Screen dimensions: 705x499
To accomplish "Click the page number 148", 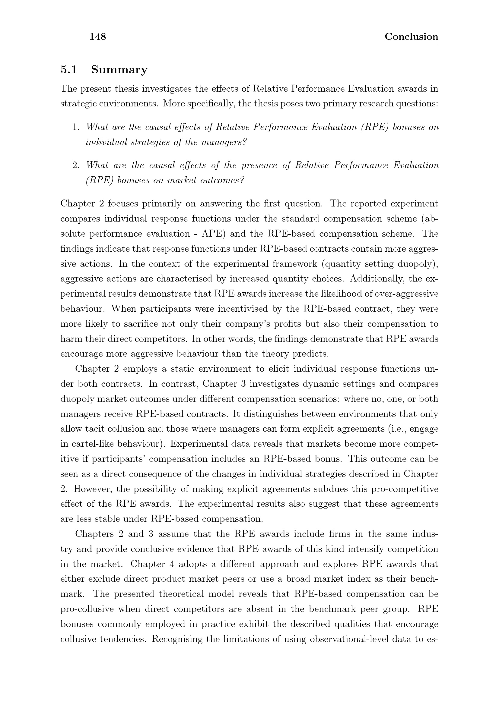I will click(97, 37).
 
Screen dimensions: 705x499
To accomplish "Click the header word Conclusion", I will click(411, 37).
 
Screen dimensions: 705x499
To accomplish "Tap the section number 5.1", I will click(68, 70).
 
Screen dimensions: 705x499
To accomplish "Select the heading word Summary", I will click(119, 70).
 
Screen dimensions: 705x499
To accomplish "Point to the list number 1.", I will click(76, 127).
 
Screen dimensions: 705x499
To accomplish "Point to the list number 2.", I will click(76, 165).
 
